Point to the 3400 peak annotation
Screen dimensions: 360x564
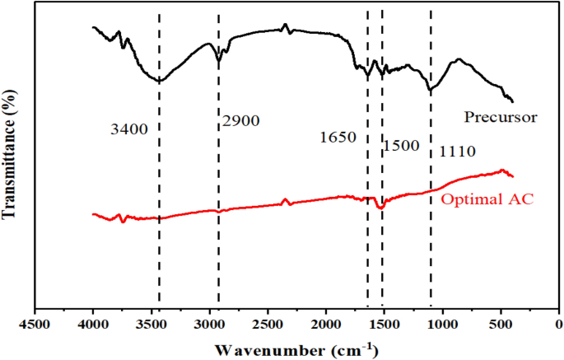click(x=128, y=129)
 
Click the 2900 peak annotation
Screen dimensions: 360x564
click(x=240, y=121)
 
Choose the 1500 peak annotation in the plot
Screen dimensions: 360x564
click(x=401, y=146)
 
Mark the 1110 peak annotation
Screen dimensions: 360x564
click(x=458, y=152)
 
